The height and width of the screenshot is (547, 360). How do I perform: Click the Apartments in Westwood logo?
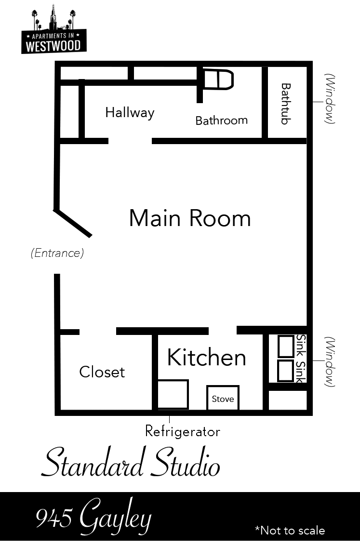click(54, 32)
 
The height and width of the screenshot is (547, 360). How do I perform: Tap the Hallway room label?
click(130, 113)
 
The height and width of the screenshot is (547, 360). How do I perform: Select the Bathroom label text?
click(221, 120)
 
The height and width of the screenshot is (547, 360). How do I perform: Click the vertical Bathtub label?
click(286, 104)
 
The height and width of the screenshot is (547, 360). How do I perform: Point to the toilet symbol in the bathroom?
click(218, 80)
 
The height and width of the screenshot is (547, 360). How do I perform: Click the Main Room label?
click(190, 218)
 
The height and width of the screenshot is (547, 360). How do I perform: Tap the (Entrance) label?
click(57, 253)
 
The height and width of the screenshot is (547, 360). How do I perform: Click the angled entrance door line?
click(73, 223)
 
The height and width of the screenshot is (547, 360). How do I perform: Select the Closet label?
click(102, 372)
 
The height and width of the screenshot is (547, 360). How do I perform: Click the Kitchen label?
click(207, 358)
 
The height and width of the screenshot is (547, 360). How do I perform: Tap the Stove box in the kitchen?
click(223, 399)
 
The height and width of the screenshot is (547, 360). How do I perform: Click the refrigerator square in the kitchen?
click(173, 394)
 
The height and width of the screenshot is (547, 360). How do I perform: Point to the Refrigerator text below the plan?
click(183, 431)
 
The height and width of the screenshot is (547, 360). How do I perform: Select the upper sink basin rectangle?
click(286, 346)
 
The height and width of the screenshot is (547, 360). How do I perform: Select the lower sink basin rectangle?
click(286, 371)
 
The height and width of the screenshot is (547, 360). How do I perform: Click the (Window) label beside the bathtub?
click(330, 99)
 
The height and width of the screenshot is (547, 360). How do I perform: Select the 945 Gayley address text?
click(93, 519)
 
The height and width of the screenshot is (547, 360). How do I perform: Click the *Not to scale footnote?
click(290, 531)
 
